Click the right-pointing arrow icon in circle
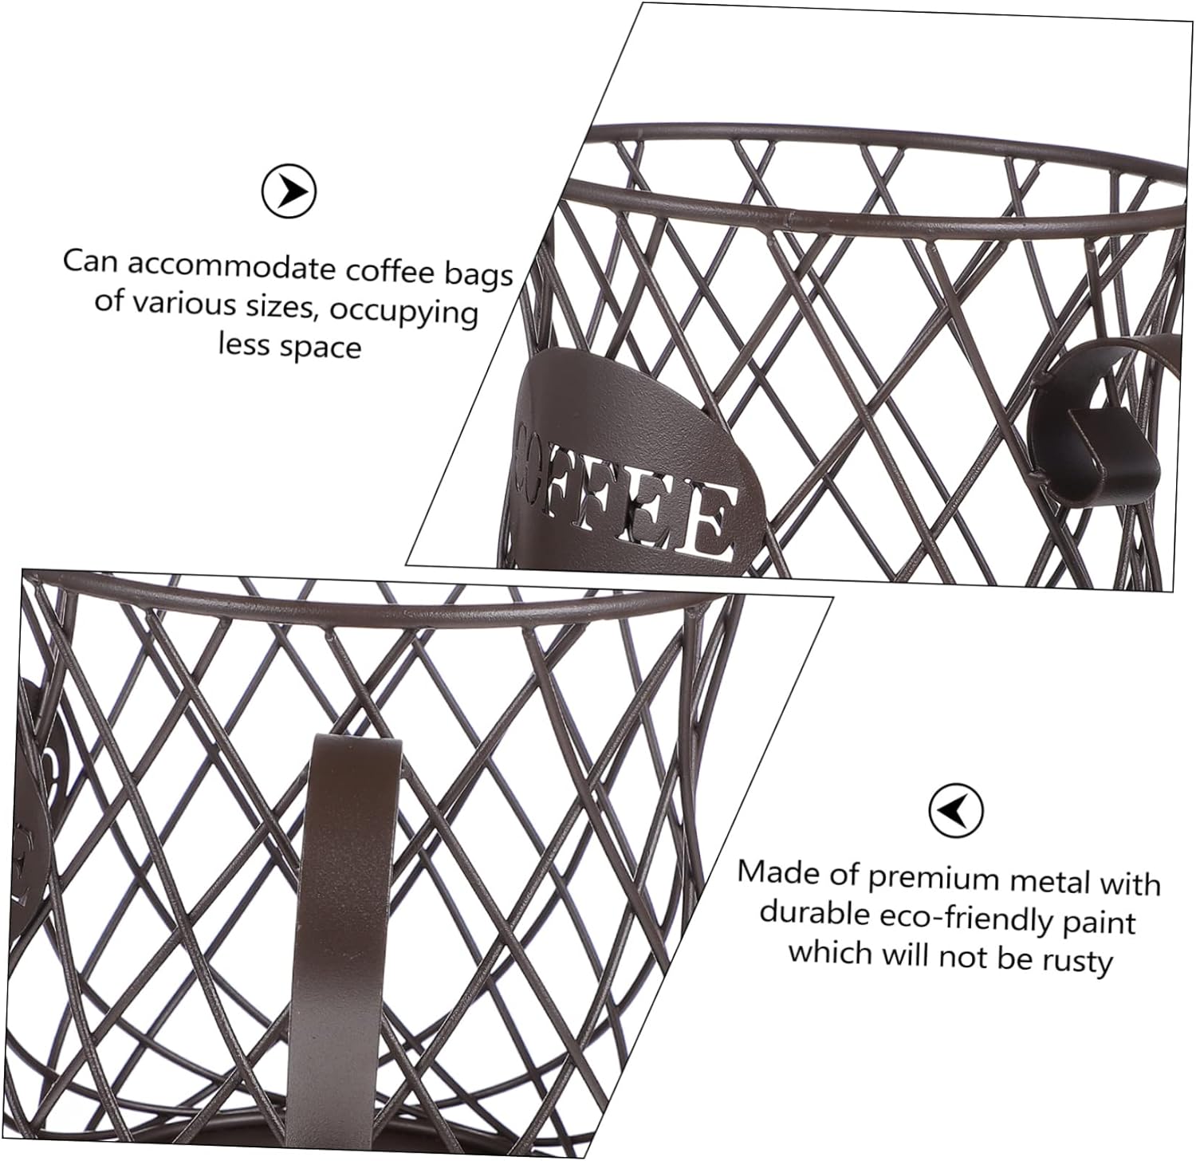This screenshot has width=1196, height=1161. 289,191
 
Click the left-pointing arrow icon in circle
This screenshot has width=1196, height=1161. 956,811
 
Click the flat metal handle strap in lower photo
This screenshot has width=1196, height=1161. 346,917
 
